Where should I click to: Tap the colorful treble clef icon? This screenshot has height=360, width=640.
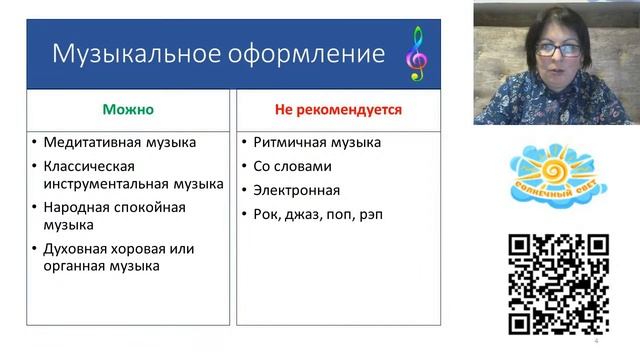pyautogui.click(x=415, y=53)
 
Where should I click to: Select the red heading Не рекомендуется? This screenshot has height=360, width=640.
pyautogui.click(x=339, y=108)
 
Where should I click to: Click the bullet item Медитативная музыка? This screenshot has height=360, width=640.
pyautogui.click(x=119, y=143)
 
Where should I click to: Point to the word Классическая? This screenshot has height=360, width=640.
pyautogui.click(x=88, y=166)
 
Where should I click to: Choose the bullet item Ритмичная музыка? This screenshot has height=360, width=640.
pyautogui.click(x=317, y=143)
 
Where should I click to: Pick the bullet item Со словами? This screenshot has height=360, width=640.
pyautogui.click(x=293, y=166)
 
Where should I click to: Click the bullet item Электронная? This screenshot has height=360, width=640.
pyautogui.click(x=297, y=190)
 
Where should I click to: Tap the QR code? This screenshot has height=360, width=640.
pyautogui.click(x=558, y=283)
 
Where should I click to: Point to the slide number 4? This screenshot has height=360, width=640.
pyautogui.click(x=596, y=341)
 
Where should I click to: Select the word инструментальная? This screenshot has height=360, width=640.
pyautogui.click(x=104, y=183)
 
